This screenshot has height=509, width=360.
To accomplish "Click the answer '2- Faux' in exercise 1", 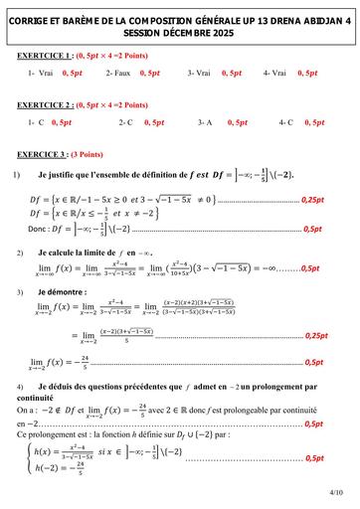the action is (x=115, y=74).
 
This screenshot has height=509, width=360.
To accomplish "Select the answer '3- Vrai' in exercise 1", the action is (x=199, y=74).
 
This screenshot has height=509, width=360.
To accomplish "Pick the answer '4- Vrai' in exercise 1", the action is (x=275, y=74).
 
